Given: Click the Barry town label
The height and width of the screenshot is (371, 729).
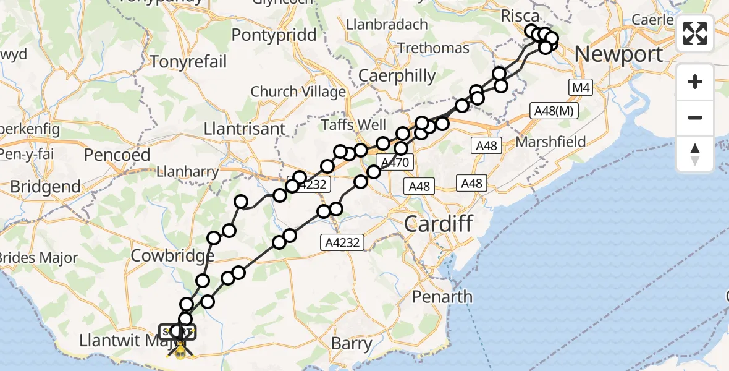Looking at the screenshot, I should (x=352, y=343).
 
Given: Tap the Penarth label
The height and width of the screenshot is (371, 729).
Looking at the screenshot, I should (x=442, y=297).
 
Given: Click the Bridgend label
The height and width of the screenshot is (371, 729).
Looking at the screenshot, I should (x=45, y=186).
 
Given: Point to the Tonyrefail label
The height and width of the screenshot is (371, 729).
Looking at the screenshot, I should (x=188, y=62).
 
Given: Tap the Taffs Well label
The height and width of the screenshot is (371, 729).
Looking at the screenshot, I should (x=354, y=125).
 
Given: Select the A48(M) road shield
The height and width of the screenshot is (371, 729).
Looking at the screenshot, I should (x=554, y=111).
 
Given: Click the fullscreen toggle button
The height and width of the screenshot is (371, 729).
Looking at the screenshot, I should (x=695, y=33).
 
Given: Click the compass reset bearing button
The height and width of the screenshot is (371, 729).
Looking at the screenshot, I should (x=695, y=154).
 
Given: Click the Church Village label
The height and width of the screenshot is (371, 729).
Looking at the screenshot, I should (x=298, y=92).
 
